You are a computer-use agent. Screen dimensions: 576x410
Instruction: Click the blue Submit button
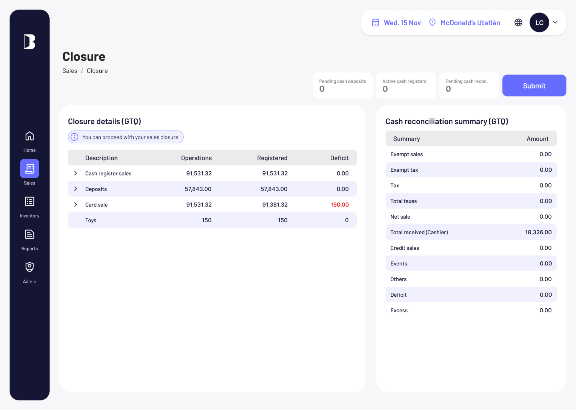(534, 85)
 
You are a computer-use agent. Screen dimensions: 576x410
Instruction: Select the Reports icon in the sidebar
(30, 234)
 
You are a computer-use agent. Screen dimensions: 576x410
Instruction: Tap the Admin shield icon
(30, 267)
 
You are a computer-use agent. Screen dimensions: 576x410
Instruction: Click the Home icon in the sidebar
(30, 136)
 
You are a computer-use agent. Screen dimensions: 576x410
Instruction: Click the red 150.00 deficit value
(340, 205)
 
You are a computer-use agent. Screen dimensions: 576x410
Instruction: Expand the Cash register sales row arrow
(75, 173)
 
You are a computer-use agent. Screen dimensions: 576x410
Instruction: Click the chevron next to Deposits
(75, 189)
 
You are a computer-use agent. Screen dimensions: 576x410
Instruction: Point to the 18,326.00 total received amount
(538, 232)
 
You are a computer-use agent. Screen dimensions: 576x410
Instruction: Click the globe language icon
(518, 22)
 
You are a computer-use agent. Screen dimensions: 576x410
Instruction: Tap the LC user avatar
(539, 22)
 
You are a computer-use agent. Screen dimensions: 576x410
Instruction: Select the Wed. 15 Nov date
(402, 23)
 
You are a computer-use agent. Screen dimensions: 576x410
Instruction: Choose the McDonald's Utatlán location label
(470, 23)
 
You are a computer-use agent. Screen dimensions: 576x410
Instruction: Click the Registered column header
(272, 158)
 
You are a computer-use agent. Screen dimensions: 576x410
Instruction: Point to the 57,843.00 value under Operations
(198, 189)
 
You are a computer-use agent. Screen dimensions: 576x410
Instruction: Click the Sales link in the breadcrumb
(70, 71)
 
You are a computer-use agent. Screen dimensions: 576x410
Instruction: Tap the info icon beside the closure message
(74, 137)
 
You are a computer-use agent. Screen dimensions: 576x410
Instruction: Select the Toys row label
(91, 220)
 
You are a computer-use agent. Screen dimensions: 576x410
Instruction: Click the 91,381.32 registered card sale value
(275, 205)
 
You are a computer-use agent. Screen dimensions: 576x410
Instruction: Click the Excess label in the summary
(399, 310)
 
